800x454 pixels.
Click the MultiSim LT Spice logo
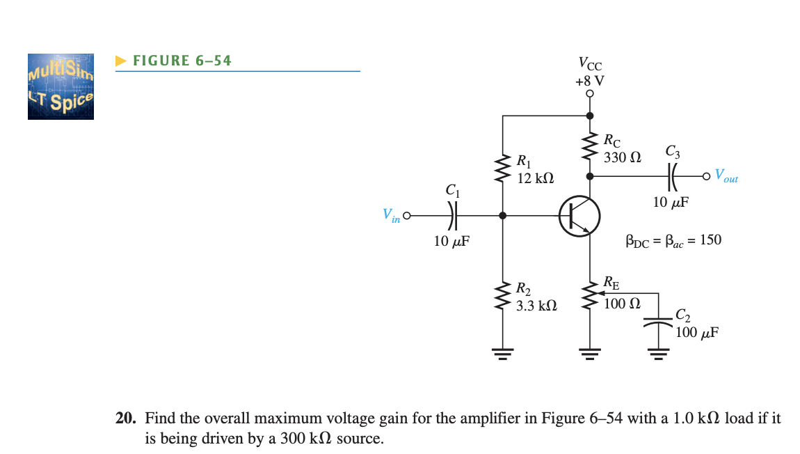(61, 86)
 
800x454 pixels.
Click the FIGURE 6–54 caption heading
(182, 61)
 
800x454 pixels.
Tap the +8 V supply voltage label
(590, 80)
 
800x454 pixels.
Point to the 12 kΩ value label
(536, 178)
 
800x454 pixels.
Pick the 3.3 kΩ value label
(536, 305)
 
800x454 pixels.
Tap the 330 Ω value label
(622, 158)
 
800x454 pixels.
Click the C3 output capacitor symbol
(673, 176)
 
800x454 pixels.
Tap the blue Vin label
(391, 217)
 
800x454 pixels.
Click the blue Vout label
(726, 177)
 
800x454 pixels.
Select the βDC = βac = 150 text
(673, 240)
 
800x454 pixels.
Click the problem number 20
(125, 418)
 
